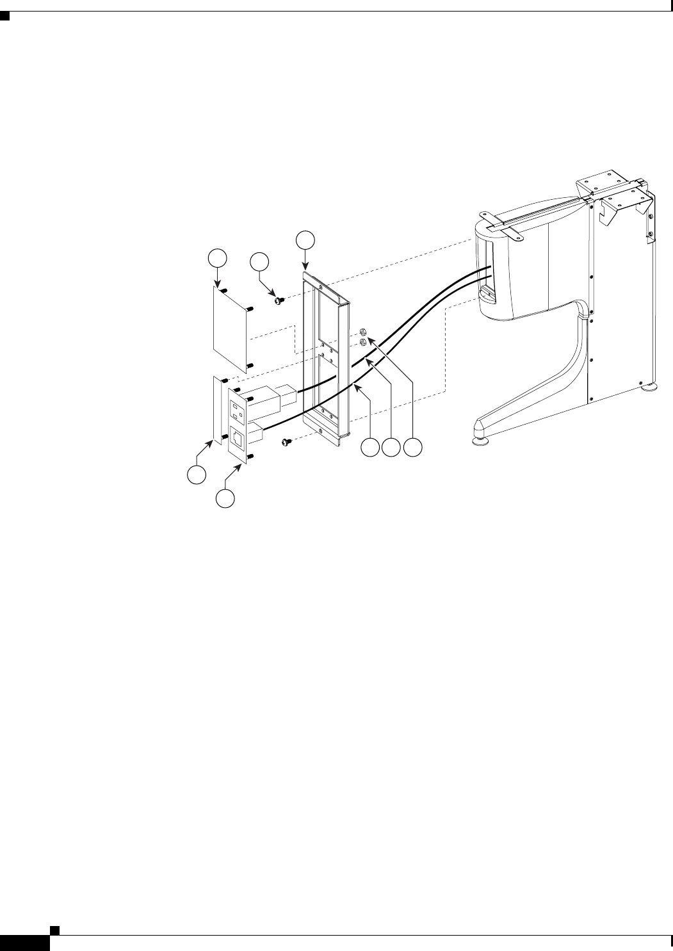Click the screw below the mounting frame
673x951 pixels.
point(285,441)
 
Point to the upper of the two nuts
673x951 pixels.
point(362,332)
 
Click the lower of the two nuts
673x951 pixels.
point(362,343)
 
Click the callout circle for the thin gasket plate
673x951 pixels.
point(196,475)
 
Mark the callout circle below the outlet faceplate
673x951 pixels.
point(224,498)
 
